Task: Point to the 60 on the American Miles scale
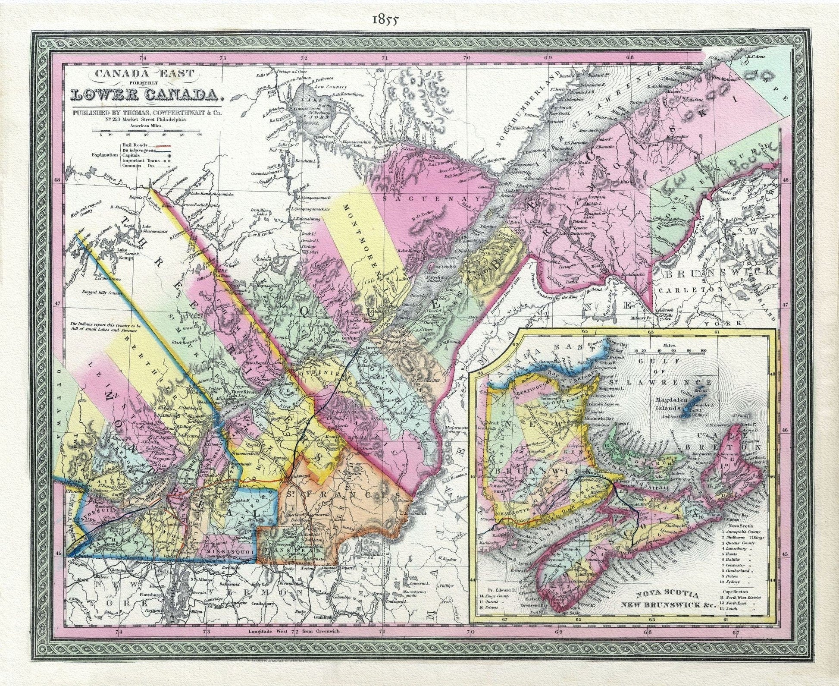(200, 135)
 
